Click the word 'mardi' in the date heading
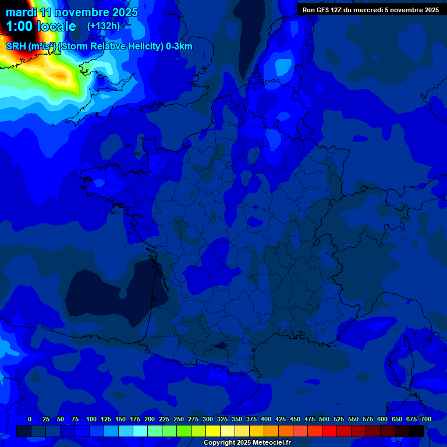point(21,12)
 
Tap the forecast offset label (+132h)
point(104,26)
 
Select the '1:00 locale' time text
point(41,26)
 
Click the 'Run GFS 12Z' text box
point(370,9)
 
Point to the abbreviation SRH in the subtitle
point(16,47)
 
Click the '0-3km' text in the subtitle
point(179,47)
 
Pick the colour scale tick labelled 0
point(30,419)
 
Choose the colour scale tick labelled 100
point(91,419)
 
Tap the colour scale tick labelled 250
point(179,419)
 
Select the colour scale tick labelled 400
point(266,419)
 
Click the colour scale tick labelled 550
point(353,419)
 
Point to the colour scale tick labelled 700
point(426,419)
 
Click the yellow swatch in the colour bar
point(212,431)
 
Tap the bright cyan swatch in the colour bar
point(140,431)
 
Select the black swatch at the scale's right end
point(416,431)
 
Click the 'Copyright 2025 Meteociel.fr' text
point(246,443)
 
